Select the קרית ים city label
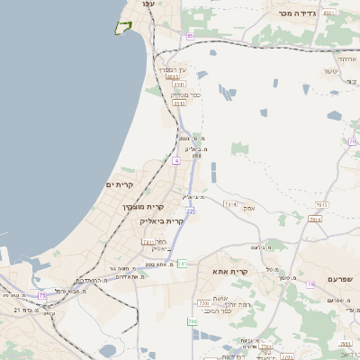(119, 184)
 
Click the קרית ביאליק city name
(162, 220)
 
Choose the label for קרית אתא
(230, 271)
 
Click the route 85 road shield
(191, 36)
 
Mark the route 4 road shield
(176, 160)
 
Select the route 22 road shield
(190, 211)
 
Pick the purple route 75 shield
(42, 295)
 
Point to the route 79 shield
(310, 284)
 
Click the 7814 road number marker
(230, 204)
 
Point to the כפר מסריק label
(178, 94)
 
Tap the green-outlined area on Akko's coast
(122, 27)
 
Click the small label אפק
(249, 208)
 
